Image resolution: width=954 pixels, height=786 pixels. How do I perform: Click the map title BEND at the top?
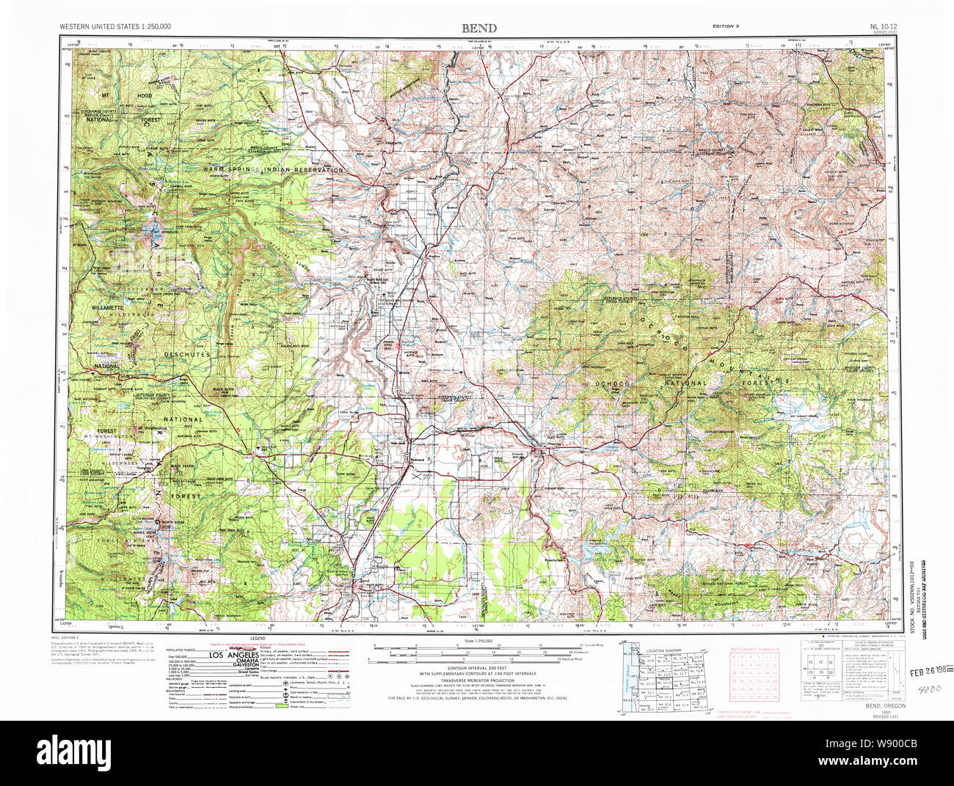coord(478,29)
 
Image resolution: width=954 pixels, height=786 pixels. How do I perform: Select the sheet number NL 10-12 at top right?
coord(876,27)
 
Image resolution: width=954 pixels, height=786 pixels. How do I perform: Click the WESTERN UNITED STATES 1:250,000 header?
coord(115,27)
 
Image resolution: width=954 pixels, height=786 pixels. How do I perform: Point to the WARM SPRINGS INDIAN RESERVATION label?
coord(273,169)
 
